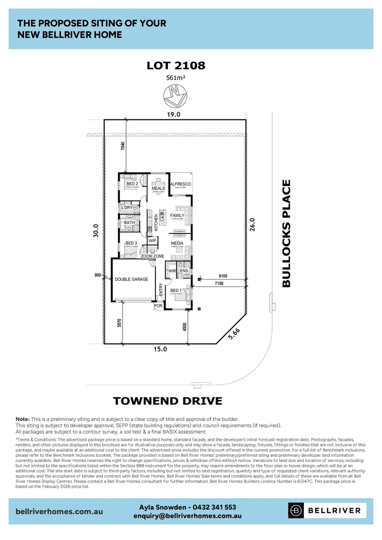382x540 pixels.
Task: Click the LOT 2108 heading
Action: pyautogui.click(x=176, y=65)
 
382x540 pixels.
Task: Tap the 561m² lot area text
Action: pyautogui.click(x=176, y=77)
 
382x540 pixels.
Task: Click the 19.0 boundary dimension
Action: pyautogui.click(x=173, y=114)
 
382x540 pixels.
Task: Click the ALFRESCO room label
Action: pyautogui.click(x=180, y=184)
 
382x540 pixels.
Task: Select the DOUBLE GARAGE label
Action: pyautogui.click(x=131, y=279)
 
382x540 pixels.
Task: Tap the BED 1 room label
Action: pyautogui.click(x=176, y=290)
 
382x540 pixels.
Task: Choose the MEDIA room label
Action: pyautogui.click(x=177, y=243)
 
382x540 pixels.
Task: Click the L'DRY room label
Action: pyautogui.click(x=126, y=207)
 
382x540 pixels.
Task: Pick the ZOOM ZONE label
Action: pyautogui.click(x=152, y=256)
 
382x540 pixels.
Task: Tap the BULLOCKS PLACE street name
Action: pyautogui.click(x=286, y=233)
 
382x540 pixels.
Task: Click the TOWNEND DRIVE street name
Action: pyautogui.click(x=167, y=401)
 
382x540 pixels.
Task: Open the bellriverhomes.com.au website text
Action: pyautogui.click(x=59, y=511)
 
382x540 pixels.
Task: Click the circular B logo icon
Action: pyautogui.click(x=296, y=510)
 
